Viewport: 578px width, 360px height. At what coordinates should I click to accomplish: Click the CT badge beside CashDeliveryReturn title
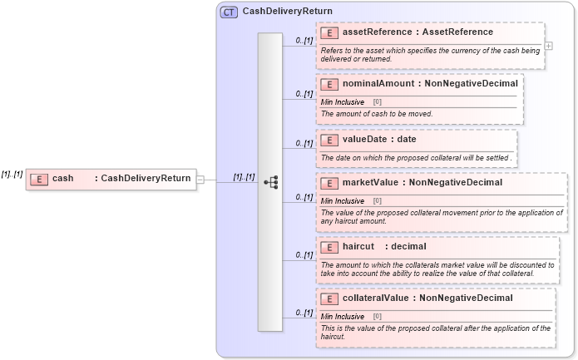point(229,12)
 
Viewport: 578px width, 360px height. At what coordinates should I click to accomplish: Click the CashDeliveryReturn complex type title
point(287,12)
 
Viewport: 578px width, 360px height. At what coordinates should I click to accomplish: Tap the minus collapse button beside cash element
point(200,179)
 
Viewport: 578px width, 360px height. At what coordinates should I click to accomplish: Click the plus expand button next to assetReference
point(548,47)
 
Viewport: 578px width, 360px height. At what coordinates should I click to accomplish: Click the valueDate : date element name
point(379,140)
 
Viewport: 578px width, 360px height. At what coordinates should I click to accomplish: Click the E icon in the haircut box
point(329,247)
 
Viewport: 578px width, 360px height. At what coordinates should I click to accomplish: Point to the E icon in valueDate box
point(329,140)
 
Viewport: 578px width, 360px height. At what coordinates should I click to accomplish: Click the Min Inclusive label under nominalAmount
point(343,101)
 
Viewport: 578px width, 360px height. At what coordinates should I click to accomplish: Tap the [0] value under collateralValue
point(377,316)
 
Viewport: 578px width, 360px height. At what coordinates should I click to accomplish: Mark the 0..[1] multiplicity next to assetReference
point(304,40)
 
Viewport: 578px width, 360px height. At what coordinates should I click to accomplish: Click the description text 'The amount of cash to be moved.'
point(377,114)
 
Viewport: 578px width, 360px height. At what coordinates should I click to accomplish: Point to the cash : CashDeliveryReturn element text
point(121,179)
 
